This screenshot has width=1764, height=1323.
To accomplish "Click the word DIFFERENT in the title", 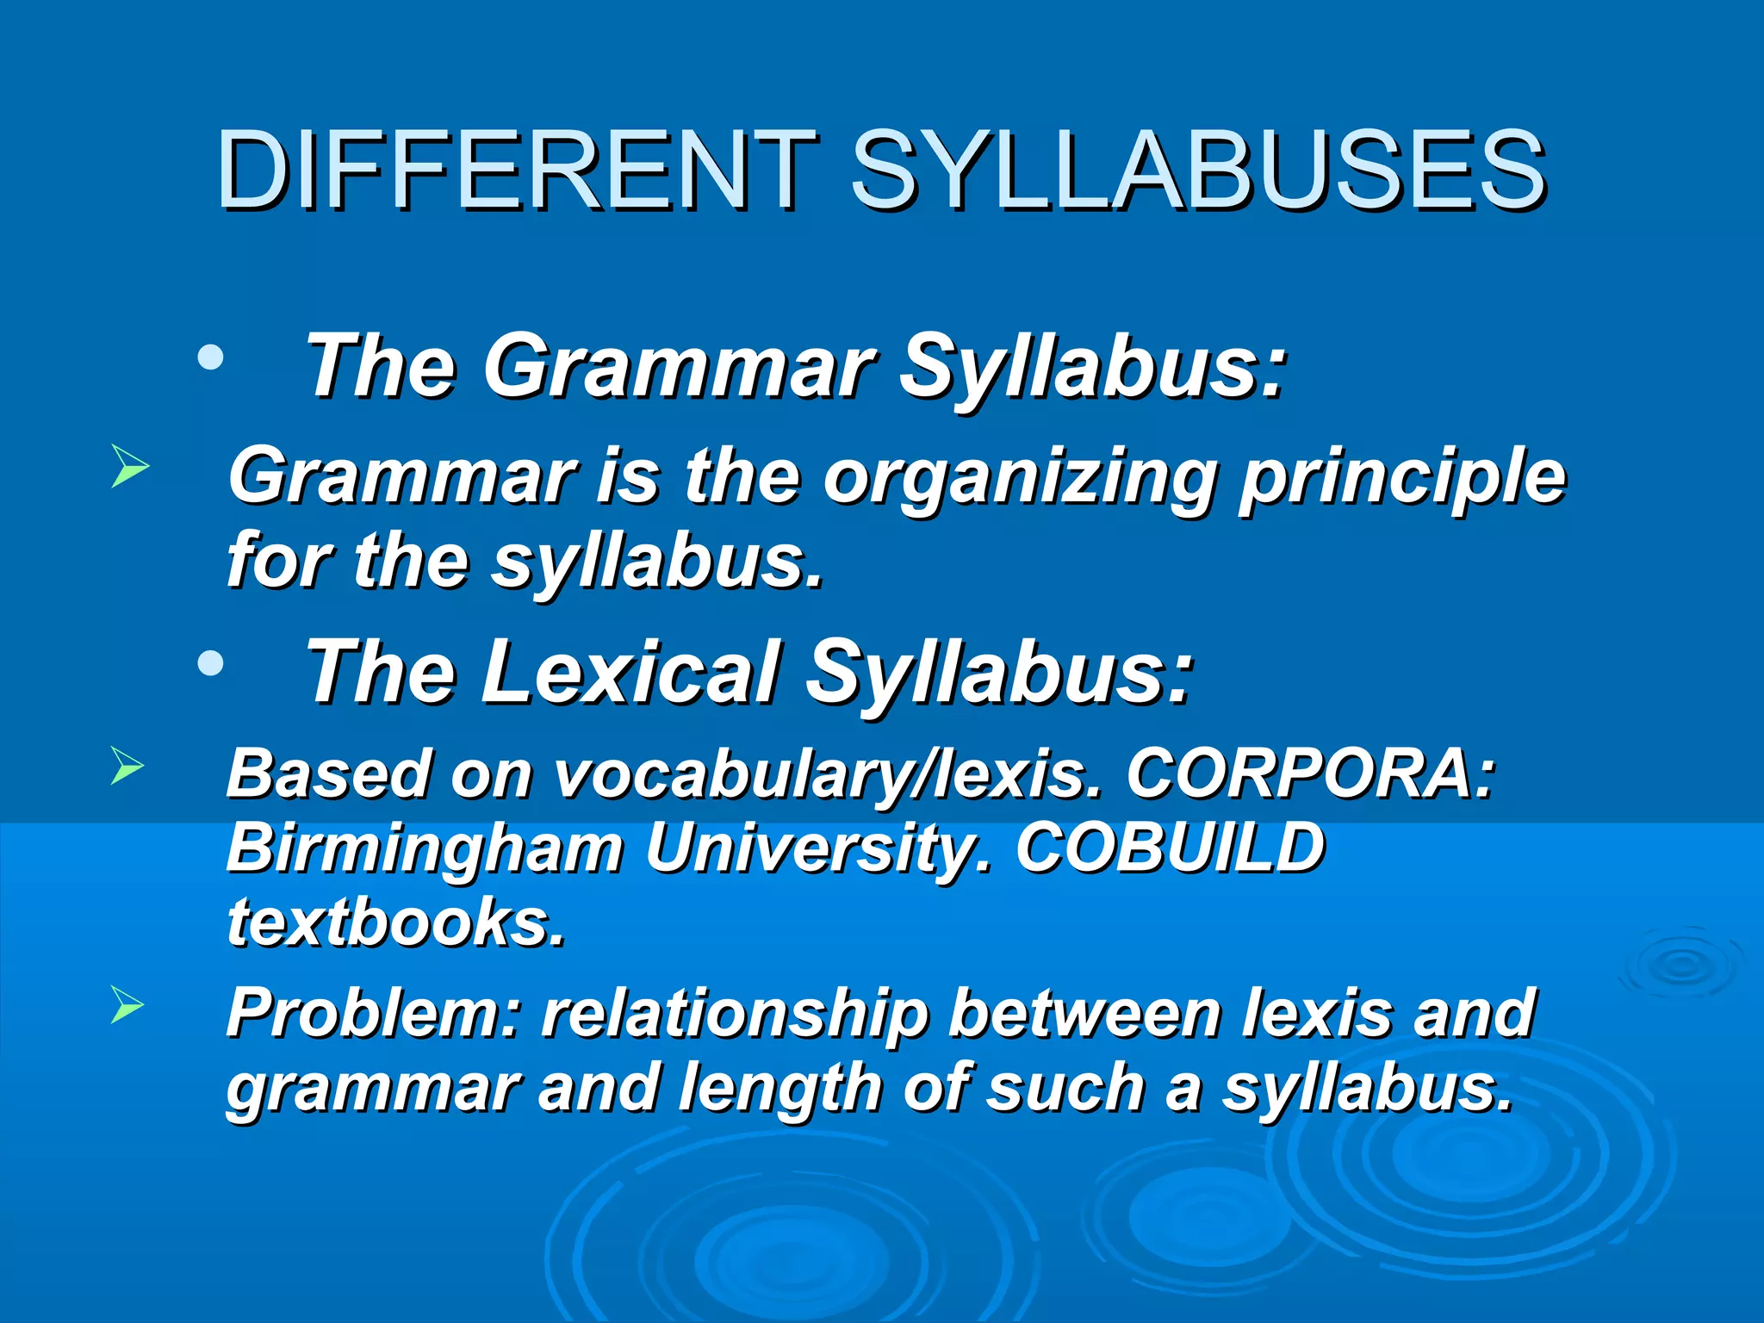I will (x=515, y=170).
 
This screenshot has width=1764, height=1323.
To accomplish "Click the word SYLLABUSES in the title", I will (x=1198, y=170).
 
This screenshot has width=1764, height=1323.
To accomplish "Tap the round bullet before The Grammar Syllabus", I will (x=210, y=357).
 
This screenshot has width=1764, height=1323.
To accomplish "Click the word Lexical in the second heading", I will (x=629, y=672).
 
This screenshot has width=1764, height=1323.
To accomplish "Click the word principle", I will (x=1402, y=478).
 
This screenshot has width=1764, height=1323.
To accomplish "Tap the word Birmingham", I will (x=425, y=848).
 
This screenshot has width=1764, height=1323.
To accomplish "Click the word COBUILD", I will (x=1170, y=847).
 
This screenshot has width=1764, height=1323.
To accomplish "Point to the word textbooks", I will (x=396, y=921).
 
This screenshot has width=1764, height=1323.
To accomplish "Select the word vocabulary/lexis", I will (x=827, y=774).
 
